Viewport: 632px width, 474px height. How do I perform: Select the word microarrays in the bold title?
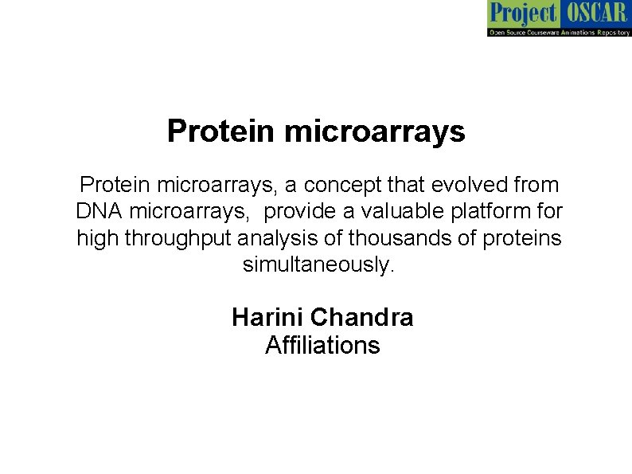point(374,131)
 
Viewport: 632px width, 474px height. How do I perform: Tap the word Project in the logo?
point(522,14)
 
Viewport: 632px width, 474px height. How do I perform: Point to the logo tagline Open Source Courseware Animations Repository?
point(558,31)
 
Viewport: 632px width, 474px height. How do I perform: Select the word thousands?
point(388,238)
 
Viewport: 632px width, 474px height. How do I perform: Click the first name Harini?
point(267,318)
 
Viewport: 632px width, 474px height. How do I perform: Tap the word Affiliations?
point(322,346)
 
